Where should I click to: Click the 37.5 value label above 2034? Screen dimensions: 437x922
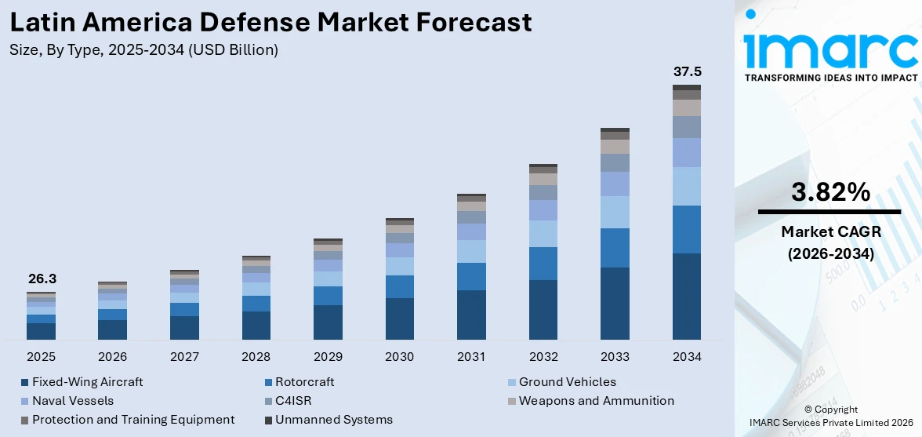[687, 72]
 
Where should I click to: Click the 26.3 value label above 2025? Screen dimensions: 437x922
[42, 279]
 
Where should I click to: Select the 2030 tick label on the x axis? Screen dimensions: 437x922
[399, 357]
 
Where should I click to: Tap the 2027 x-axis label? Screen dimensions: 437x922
[184, 357]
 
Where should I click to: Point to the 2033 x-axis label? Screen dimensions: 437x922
[615, 357]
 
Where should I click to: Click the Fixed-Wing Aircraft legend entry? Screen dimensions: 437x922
[87, 382]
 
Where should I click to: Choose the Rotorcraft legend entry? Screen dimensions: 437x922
[304, 382]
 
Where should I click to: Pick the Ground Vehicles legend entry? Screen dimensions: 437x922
[567, 382]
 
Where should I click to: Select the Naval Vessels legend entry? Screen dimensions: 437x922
[73, 401]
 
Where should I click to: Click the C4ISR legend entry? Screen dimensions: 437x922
[293, 401]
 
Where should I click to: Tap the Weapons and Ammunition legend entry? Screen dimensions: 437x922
[596, 401]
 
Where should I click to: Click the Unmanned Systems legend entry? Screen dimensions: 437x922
[333, 420]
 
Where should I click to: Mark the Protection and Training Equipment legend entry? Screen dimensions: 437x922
[133, 420]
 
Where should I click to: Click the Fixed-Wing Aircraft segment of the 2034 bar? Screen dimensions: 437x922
[687, 297]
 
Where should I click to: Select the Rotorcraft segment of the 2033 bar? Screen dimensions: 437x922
[615, 248]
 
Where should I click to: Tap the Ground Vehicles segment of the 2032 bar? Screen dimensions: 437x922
[543, 234]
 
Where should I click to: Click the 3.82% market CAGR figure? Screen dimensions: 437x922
[829, 192]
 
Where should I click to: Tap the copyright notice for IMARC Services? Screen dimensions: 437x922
[829, 416]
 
